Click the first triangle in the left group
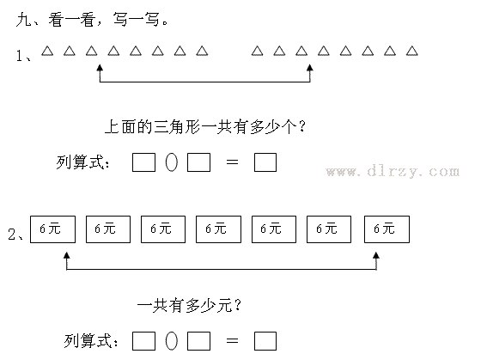coord(47,51)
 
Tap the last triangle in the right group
coord(412,51)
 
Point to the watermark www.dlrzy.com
coord(393,171)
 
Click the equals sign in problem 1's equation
coord(232,162)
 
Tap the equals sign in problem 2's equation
coord(232,340)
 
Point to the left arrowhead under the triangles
coord(100,68)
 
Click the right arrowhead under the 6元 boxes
coord(376,255)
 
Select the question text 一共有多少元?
coord(189,306)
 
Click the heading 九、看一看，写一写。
coord(92,20)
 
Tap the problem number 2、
coord(15,235)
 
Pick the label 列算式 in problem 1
coord(82,162)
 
